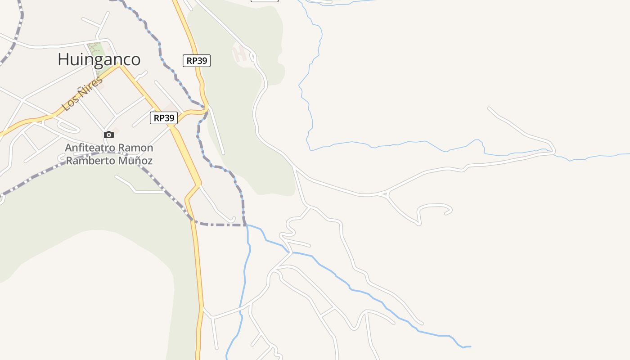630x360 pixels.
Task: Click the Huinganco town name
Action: pyautogui.click(x=99, y=59)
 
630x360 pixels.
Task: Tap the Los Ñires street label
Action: pyautogui.click(x=82, y=94)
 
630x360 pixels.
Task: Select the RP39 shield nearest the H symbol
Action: pyautogui.click(x=197, y=61)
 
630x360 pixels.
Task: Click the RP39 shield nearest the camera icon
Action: pyautogui.click(x=164, y=118)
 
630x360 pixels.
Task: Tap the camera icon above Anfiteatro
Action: pyautogui.click(x=108, y=135)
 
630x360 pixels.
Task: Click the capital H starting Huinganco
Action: pyautogui.click(x=63, y=59)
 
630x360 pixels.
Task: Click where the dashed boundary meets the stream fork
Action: pyautogui.click(x=246, y=225)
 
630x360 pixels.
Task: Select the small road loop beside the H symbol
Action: pyautogui.click(x=252, y=57)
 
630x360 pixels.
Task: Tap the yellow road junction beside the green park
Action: pyautogui.click(x=120, y=65)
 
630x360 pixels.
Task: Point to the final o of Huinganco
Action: pyautogui.click(x=135, y=60)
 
